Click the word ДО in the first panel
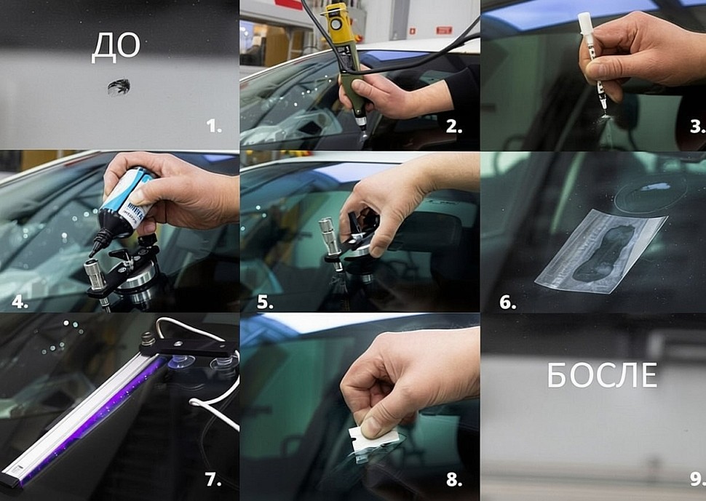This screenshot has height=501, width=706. pos(116,47)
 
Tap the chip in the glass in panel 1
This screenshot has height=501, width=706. pos(119,87)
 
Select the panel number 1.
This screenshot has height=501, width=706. pos(214,127)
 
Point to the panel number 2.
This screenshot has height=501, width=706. pos(454,127)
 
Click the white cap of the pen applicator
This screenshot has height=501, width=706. pos(585,24)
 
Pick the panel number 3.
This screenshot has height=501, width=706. pos(697,127)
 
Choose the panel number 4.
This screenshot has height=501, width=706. pos(20,302)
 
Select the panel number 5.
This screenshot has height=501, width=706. pos(265,302)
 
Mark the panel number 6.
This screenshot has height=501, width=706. pos(507,302)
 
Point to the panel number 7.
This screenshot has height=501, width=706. pos(213,479)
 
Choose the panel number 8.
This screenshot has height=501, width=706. pos(454,479)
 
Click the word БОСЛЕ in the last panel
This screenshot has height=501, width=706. pos(602,375)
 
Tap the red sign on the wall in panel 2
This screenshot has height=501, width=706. pos(444,30)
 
